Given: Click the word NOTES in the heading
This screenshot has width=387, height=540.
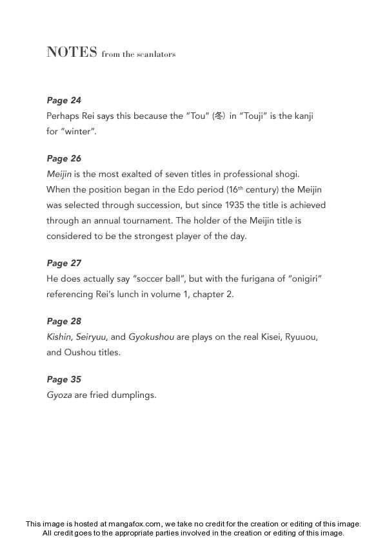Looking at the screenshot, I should point(72,52).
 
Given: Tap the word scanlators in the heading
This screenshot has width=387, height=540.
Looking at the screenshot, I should point(154,54).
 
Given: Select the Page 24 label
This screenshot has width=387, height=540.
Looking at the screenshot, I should point(64,100).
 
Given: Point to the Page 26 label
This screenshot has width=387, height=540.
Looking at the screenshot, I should point(64,158).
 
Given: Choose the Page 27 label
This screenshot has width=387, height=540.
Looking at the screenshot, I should point(64,263).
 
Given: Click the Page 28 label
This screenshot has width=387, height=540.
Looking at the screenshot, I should point(64,321).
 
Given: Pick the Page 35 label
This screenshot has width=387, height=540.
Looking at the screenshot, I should point(64,379).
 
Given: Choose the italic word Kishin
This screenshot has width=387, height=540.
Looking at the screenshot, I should point(59,337).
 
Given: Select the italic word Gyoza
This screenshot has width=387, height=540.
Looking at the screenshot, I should point(59,395).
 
